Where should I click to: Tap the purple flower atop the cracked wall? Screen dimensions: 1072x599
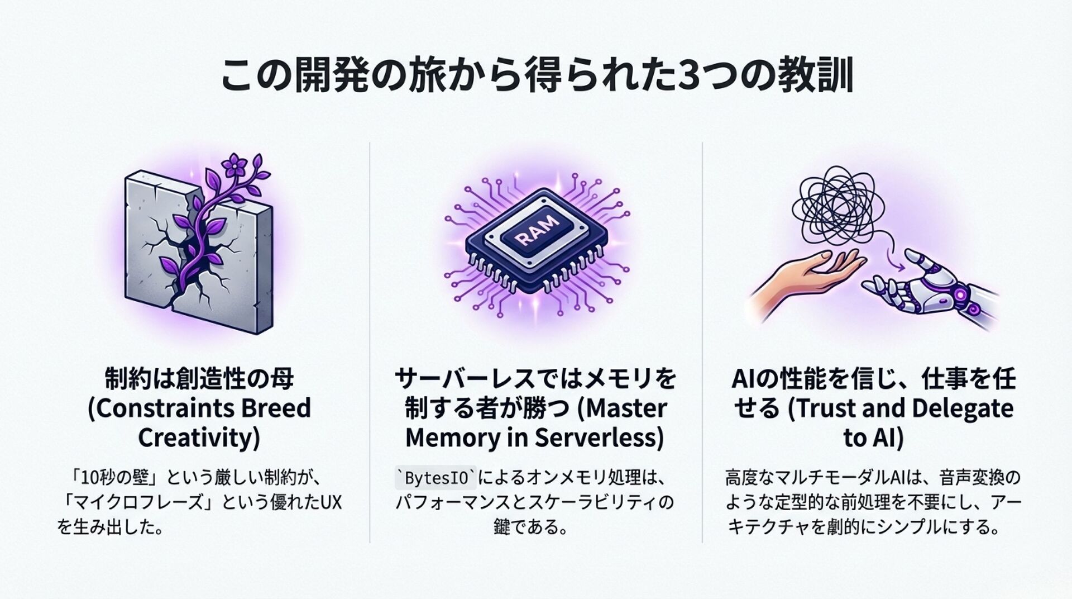231,164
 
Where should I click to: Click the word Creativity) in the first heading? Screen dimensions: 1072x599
199,438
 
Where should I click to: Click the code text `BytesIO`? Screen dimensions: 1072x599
435,479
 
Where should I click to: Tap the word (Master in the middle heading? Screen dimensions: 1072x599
621,408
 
